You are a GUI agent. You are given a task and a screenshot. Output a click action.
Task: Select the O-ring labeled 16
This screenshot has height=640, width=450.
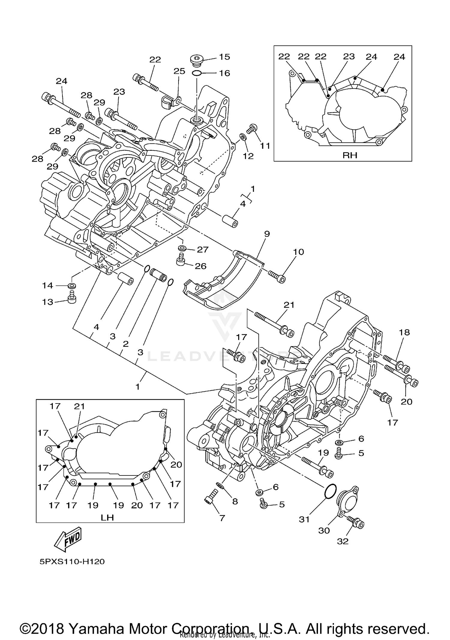click(196, 73)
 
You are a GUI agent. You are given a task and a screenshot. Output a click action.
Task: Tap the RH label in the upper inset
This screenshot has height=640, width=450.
click(349, 155)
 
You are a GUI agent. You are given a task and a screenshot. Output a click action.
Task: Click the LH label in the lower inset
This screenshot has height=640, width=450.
click(107, 517)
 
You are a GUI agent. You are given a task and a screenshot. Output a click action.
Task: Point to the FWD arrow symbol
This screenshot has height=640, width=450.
click(68, 540)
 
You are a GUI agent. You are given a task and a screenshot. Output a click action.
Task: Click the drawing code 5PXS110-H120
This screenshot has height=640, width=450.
click(72, 561)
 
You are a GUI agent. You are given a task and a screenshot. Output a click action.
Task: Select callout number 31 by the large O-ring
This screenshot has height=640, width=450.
click(304, 519)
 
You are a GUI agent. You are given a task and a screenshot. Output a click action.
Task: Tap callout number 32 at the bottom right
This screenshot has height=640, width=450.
click(343, 541)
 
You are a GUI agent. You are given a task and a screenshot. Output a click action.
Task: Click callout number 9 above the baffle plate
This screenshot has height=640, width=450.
click(267, 234)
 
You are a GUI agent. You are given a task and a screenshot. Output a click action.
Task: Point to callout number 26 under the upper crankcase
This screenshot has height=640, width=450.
click(200, 266)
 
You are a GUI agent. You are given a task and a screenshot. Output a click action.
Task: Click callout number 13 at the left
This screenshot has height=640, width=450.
click(47, 302)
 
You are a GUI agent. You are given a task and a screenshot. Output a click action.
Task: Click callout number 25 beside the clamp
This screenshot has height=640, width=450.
click(179, 71)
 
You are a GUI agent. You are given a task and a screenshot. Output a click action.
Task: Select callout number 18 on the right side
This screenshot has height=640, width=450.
click(404, 332)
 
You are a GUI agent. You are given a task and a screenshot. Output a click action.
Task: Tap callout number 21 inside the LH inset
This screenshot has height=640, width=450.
click(79, 406)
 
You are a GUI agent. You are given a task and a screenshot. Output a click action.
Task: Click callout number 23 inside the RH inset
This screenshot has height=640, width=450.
click(349, 56)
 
